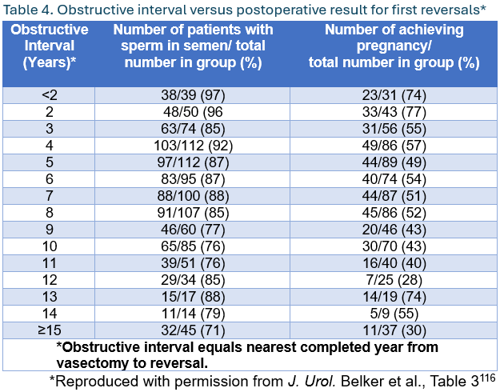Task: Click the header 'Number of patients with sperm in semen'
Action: [x=192, y=46]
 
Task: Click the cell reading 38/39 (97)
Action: [x=192, y=94]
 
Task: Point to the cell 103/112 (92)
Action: [x=192, y=145]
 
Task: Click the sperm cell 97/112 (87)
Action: [x=192, y=162]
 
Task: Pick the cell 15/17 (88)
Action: [x=192, y=297]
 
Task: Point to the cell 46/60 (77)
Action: [x=192, y=230]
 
